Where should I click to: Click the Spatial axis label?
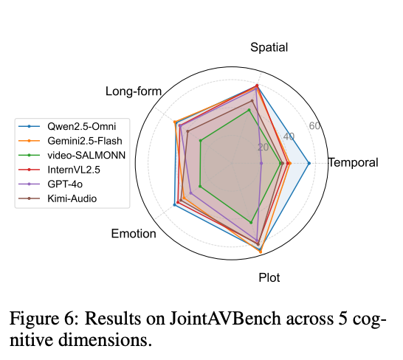(269, 47)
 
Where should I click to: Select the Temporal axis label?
(353, 163)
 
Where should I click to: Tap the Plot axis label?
(269, 278)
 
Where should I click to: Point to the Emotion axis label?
(134, 235)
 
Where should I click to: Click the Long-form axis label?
(134, 91)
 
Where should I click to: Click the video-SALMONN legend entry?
(86, 155)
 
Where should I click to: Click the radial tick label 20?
(263, 148)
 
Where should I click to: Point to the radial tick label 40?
(289, 137)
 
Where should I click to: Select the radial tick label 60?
(314, 126)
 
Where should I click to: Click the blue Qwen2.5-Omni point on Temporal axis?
(309, 163)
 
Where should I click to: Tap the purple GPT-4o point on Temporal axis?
(261, 163)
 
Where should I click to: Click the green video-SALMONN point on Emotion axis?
(200, 186)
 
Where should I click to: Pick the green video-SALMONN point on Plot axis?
(251, 223)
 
